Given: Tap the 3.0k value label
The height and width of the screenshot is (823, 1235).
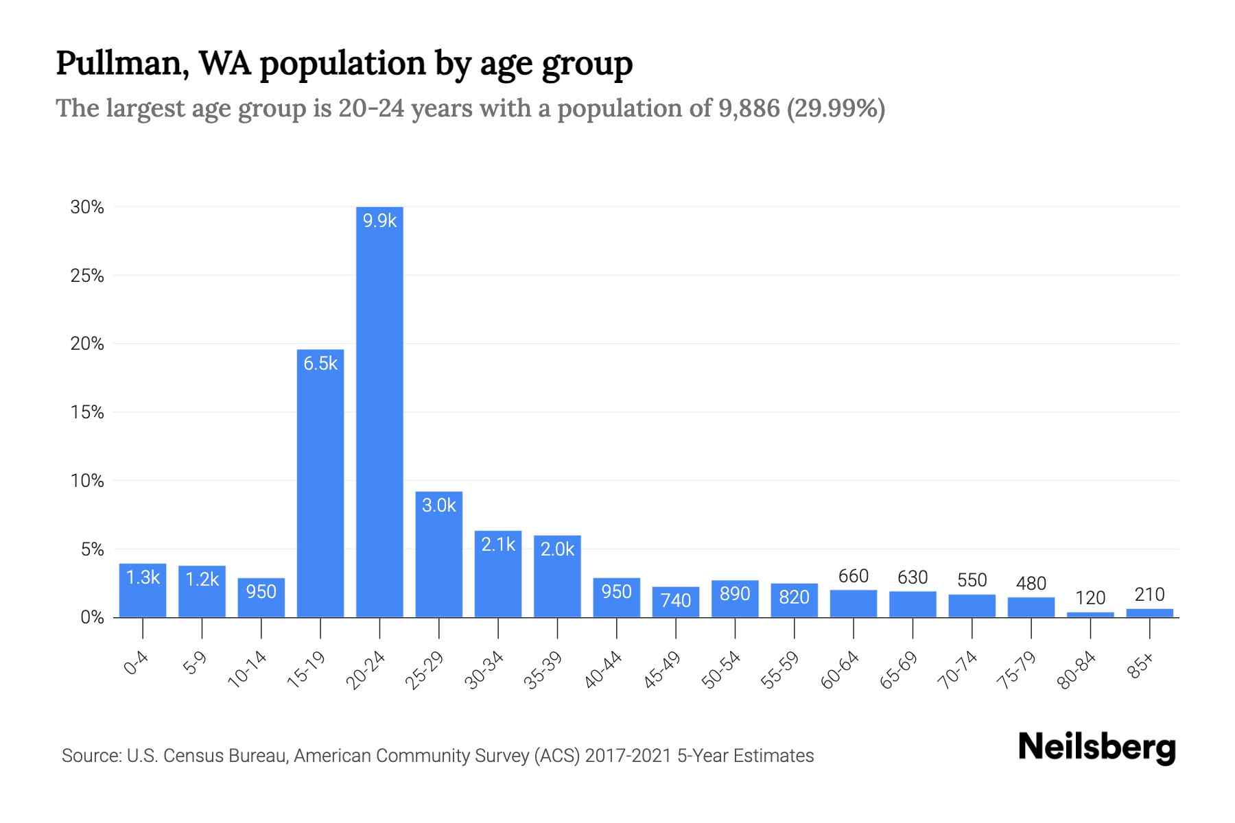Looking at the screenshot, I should coord(438,505).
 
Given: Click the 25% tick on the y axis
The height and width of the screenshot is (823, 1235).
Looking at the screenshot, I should coord(87,276).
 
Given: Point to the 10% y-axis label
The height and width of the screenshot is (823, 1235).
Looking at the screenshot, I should coord(87,481).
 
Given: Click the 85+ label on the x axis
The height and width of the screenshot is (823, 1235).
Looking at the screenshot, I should coord(1142,666).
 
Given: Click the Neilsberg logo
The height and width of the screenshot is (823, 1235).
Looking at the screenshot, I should coord(1096,747).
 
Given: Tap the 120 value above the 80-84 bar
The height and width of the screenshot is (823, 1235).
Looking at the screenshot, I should coord(1090,598).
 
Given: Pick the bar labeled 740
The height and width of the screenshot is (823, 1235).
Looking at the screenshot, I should coord(676,602).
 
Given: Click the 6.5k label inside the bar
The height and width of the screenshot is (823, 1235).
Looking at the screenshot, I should coord(320,363).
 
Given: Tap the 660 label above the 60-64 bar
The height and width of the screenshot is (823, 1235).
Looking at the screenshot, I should coord(854,576).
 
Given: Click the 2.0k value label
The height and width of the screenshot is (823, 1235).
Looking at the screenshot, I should coord(557,549).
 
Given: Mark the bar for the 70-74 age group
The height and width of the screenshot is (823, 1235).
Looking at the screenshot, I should coord(972,606).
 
